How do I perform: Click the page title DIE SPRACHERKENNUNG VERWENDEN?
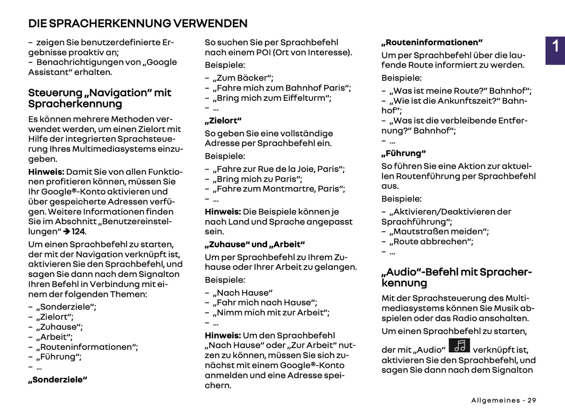coord(138,23)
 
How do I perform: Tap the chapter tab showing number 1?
coord(555,47)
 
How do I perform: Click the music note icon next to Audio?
coord(459,346)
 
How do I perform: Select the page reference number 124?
coord(78,232)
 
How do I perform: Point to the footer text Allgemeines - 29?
coord(504,400)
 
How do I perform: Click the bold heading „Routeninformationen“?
coord(432,43)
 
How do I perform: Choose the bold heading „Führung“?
coord(404,154)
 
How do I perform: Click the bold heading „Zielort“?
coord(223,121)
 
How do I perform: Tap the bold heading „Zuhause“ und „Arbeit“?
coord(255,245)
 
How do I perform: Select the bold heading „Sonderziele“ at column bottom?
coord(57,380)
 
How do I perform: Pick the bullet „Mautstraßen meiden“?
coord(439,232)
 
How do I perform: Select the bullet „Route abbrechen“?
coord(431,242)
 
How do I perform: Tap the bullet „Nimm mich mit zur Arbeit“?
coord(271,313)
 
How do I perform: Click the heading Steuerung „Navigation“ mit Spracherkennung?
coord(100,98)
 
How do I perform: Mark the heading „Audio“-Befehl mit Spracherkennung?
coord(456,277)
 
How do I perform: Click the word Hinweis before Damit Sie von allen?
coord(46,172)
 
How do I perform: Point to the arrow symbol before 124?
coord(66,232)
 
